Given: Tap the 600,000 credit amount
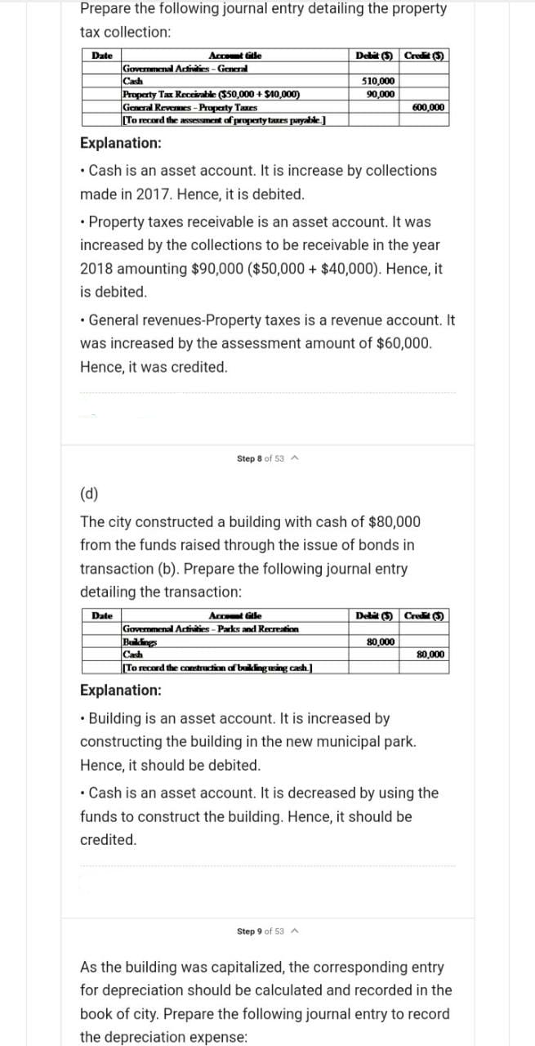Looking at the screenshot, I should coord(429,107).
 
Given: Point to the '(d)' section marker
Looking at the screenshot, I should coord(89,494).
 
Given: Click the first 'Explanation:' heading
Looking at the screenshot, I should coord(120,143).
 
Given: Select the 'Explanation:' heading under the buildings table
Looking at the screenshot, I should coord(120,691).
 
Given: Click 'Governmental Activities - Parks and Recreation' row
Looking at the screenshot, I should coord(210,629).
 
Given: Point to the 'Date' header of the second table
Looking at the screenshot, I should coord(102,615).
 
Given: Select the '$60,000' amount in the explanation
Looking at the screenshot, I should coord(399,343).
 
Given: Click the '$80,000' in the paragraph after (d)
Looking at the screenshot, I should coord(395,521).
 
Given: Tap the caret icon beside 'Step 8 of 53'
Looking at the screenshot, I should coord(292,459).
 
